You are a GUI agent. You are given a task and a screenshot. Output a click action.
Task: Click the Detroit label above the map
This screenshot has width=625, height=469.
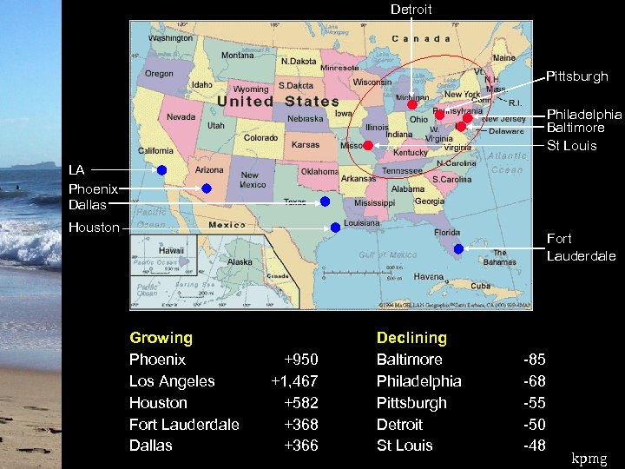411,10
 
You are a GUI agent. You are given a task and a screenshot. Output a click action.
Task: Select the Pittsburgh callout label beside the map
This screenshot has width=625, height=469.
576,76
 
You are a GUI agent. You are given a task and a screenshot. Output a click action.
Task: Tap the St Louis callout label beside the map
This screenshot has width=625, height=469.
571,145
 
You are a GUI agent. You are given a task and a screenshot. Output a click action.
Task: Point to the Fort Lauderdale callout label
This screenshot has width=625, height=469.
581,247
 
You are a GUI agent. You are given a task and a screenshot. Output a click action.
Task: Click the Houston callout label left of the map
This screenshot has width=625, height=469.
94,228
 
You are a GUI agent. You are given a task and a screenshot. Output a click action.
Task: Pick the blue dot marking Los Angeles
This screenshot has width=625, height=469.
162,170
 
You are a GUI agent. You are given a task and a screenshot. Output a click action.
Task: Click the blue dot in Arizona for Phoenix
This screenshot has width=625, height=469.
207,188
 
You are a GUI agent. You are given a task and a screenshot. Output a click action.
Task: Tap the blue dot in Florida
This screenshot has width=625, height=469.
458,248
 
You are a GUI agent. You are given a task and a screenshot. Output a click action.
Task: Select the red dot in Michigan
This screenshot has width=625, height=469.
412,104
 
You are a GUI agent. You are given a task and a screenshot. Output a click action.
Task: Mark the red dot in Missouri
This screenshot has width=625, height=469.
368,145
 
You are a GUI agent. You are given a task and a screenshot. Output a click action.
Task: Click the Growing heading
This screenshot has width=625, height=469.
161,338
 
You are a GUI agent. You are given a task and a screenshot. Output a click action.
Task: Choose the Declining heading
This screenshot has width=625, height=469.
411,338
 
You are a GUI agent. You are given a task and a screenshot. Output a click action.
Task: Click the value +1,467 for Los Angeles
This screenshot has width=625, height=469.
294,381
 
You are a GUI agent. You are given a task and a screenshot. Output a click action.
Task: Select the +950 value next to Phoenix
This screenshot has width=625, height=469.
301,360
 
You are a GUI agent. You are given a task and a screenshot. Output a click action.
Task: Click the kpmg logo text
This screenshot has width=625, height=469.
590,458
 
